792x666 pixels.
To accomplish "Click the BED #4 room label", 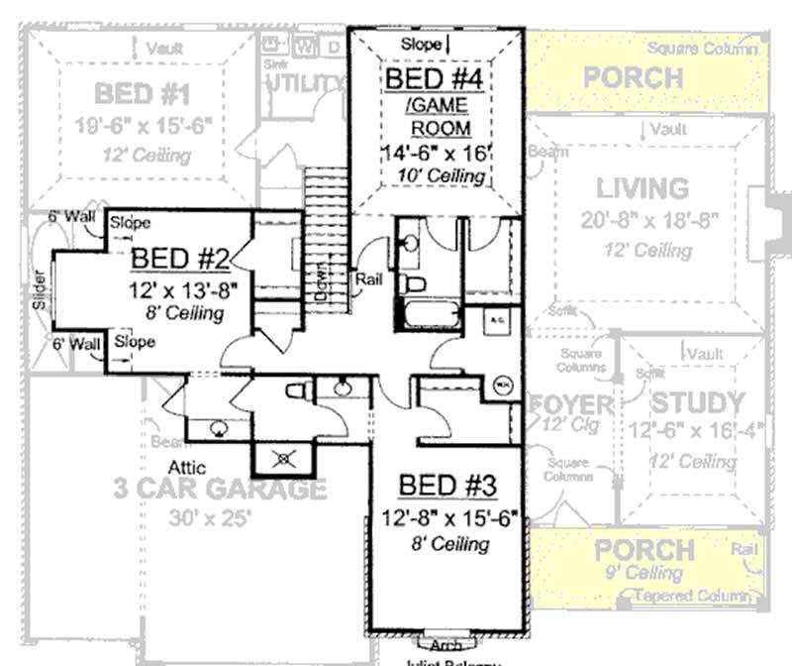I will pos(437,78).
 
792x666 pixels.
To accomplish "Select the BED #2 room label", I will pos(181,259).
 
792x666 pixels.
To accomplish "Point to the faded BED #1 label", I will pos(143,94).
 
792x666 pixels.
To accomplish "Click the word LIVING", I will pos(643,187).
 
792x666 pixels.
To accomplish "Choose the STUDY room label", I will pos(697,403).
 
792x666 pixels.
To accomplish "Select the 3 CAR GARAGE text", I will pos(219,489).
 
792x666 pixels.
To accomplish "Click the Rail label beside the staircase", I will pos(369,280).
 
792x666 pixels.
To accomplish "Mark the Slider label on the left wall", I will pos(40,289).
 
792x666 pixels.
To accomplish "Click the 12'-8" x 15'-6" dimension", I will pos(450,517).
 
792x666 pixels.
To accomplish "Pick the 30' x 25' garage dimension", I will pos(211,517).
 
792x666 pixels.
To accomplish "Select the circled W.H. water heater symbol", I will pos(502,383).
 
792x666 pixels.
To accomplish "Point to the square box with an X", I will pos(285,457).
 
